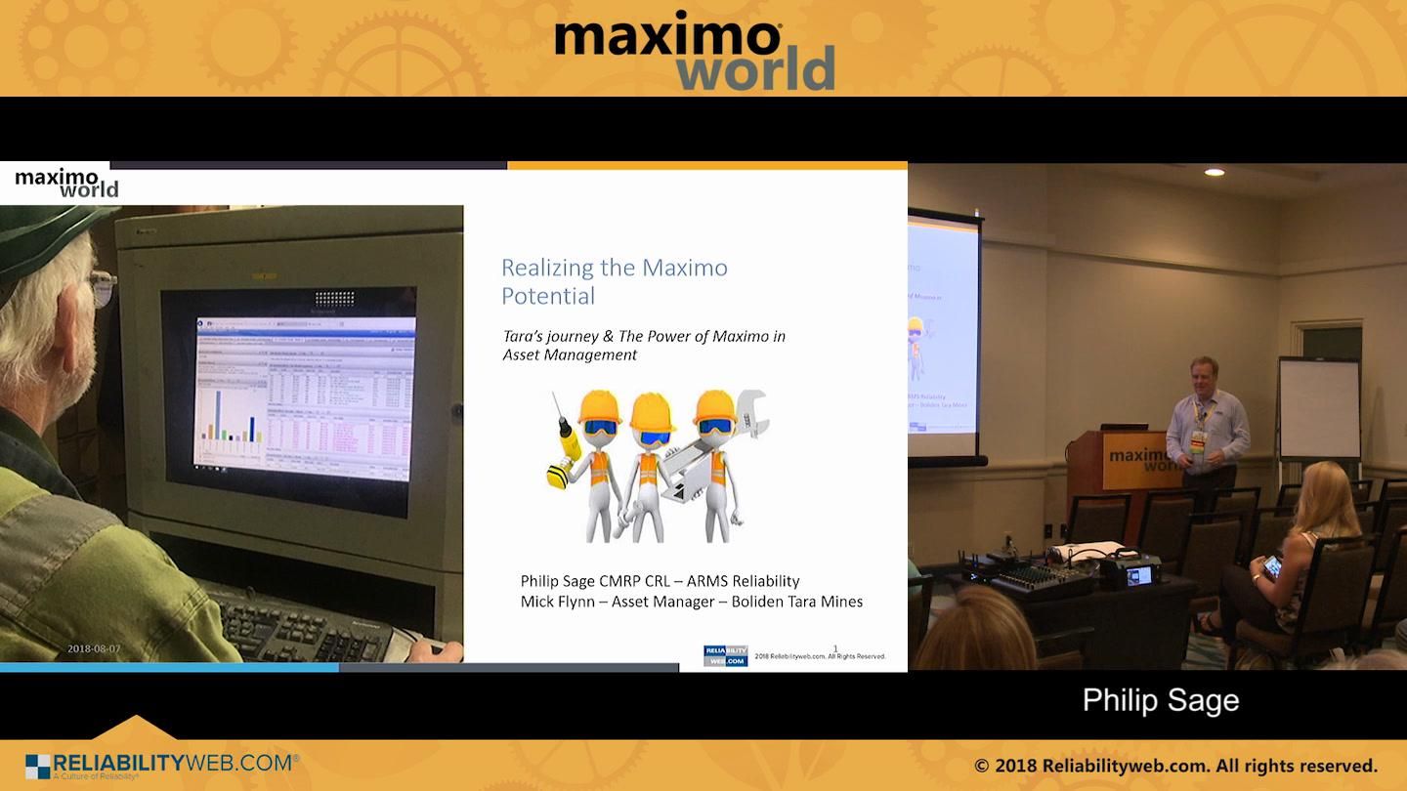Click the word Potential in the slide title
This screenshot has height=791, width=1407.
click(547, 296)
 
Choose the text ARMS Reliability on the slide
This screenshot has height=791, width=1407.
click(744, 581)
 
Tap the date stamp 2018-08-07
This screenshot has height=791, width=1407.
click(94, 648)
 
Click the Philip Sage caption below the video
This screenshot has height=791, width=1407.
click(1160, 700)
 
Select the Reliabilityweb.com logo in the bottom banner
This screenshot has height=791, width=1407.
click(161, 765)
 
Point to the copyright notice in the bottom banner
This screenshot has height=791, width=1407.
click(1175, 766)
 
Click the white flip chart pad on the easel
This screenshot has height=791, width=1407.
click(1319, 408)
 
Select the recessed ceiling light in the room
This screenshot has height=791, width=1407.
click(1214, 172)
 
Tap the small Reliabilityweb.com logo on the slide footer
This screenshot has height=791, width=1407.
click(725, 655)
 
